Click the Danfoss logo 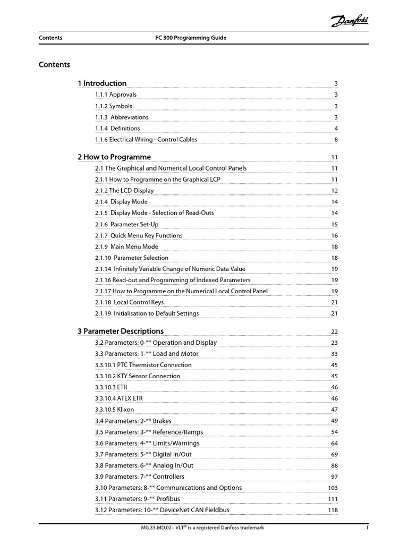point(351,21)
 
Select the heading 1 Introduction point(102,83)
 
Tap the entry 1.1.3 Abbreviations point(122,117)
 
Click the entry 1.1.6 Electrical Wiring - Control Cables point(146,140)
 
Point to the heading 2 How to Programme point(114,157)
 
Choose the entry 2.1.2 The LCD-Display point(124,191)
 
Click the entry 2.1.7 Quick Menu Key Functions point(139,235)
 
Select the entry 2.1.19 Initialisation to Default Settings point(147,313)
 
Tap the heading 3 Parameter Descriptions point(121,331)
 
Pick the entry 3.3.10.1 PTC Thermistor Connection point(143,365)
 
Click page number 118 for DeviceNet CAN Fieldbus point(333,511)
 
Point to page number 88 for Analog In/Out point(335,466)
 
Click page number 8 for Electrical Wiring point(336,140)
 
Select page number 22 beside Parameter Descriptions point(335,332)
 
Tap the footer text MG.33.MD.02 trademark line point(200,528)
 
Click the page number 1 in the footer point(367,528)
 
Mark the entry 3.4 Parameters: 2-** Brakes point(133,421)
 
